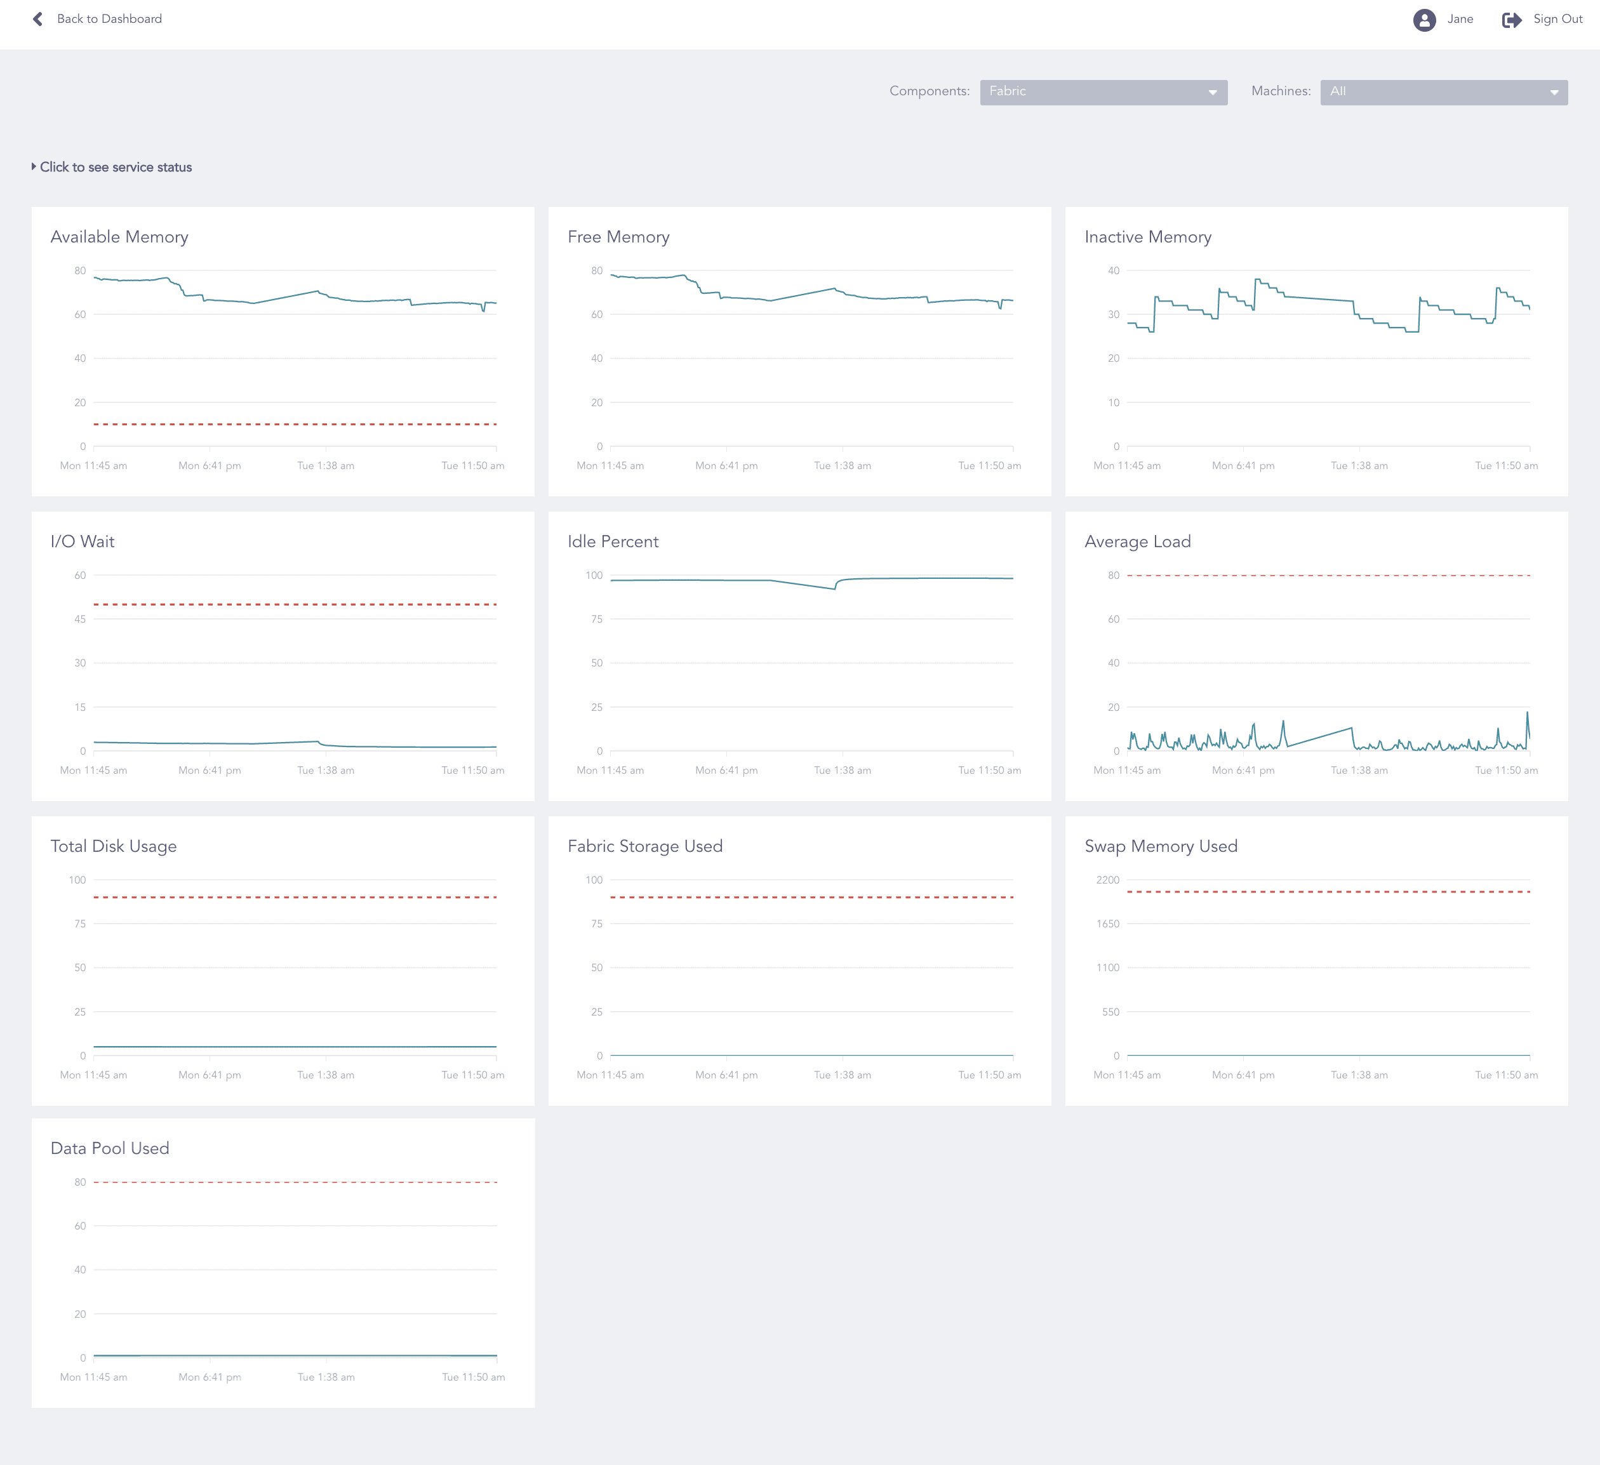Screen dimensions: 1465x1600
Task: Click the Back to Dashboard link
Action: pos(108,19)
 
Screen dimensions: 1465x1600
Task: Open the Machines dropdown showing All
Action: pos(1443,92)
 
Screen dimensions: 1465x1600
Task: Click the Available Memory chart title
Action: pos(119,237)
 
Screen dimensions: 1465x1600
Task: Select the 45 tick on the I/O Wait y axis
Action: pos(79,619)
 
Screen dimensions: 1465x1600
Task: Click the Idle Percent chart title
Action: pos(613,542)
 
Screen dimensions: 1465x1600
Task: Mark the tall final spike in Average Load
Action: pos(1526,714)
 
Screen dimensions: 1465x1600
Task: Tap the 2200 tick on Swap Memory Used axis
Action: pos(1107,880)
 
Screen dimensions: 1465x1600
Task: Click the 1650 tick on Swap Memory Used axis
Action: pos(1107,924)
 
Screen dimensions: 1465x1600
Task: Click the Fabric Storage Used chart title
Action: pos(644,847)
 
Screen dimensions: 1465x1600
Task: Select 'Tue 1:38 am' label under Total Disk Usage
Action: pos(325,1075)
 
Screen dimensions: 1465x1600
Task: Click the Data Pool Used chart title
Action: pos(109,1148)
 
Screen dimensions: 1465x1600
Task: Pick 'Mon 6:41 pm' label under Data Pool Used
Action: pos(210,1377)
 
